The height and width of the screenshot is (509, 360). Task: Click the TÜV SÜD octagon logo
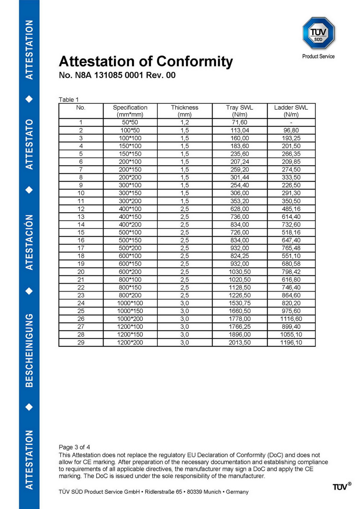[319, 33]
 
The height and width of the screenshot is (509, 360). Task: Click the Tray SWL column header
[239, 111]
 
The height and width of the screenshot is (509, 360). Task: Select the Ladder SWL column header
[291, 111]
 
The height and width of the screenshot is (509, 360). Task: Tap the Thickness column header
[184, 111]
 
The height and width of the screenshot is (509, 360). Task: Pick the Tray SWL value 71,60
[239, 122]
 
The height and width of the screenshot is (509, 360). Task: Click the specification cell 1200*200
[130, 342]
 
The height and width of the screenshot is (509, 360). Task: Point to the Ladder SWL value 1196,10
[291, 342]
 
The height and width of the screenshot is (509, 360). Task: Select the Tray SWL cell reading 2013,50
[239, 342]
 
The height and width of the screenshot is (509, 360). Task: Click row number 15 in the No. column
[81, 233]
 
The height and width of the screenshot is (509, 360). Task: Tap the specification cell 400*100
[130, 209]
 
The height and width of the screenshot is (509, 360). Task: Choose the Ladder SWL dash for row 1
[291, 123]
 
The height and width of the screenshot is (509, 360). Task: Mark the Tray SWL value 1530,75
[239, 303]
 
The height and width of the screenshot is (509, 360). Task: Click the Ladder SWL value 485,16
[291, 209]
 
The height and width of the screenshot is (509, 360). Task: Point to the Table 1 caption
[68, 100]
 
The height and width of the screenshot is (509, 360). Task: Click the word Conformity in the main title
[194, 62]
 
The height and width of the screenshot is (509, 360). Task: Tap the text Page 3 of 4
[74, 447]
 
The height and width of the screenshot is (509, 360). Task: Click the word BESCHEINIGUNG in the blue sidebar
[29, 350]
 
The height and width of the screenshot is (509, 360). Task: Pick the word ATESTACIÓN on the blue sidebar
[29, 242]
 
